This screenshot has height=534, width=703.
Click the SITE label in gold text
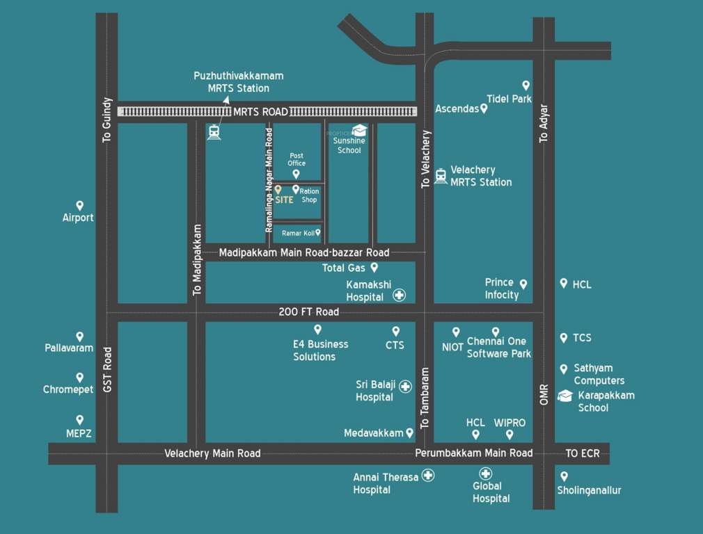pos(284,200)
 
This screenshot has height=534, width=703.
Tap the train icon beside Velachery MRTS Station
pos(441,176)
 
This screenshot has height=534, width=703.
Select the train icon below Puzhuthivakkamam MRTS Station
pos(214,132)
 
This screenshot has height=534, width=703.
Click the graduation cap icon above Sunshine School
pos(359,130)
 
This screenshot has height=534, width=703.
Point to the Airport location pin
pos(79,206)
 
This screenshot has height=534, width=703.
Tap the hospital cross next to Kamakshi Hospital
pos(399,296)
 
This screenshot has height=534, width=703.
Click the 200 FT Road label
pos(308,312)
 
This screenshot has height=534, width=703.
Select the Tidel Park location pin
pos(526,85)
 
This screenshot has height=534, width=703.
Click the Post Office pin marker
pos(296,174)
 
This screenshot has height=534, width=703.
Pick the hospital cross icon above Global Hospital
pos(486,474)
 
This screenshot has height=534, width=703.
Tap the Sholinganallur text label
pos(589,490)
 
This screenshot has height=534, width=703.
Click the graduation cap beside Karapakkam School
pos(565,396)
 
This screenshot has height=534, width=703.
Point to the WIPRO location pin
pos(510,435)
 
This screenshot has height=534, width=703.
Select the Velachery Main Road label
pos(212,453)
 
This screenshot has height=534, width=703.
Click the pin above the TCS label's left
pos(564,338)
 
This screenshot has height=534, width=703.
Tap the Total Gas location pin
pos(374,267)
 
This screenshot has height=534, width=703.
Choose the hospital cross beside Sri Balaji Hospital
pos(405,387)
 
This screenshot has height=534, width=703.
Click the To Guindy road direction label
pos(106,120)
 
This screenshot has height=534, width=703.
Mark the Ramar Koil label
pos(297,233)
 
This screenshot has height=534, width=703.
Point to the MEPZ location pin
pos(79,420)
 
